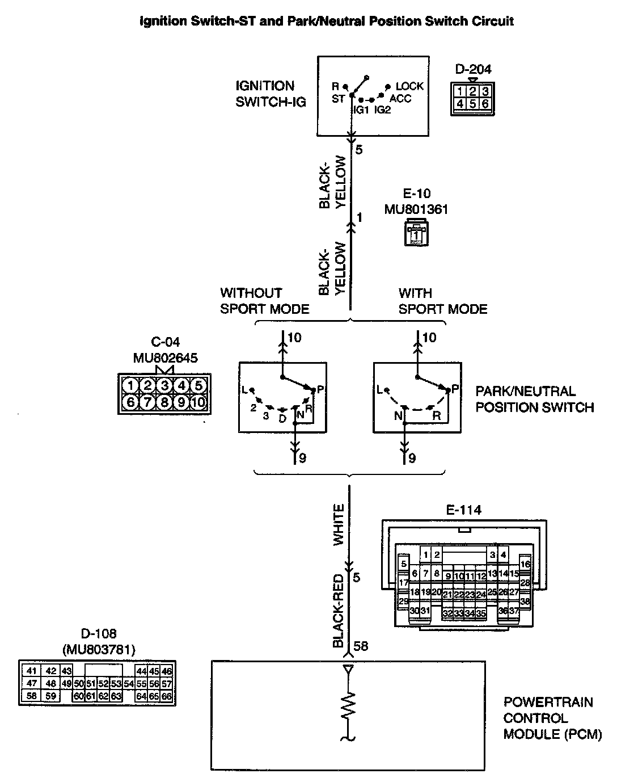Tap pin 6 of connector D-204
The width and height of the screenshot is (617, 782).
(x=485, y=103)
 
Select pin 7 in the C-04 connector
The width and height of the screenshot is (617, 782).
(x=147, y=402)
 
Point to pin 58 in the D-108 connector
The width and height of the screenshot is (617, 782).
(x=31, y=696)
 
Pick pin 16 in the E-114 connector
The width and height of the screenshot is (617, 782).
(x=525, y=564)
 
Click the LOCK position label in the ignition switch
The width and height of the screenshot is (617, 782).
(x=409, y=86)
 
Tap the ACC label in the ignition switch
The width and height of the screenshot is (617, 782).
(x=400, y=99)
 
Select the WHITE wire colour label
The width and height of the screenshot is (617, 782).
(x=339, y=524)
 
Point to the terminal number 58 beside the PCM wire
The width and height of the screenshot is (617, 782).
(x=361, y=646)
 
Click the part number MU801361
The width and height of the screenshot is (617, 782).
(x=416, y=209)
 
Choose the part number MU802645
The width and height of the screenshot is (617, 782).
(x=166, y=358)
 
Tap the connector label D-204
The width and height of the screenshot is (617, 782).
(x=473, y=69)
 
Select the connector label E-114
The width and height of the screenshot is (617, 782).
(x=464, y=510)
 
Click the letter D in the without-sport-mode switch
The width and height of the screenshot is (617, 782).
(x=282, y=419)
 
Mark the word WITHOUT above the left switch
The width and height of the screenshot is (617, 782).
(x=251, y=293)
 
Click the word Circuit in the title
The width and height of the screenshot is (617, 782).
(x=493, y=22)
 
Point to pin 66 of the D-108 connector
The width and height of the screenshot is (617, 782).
(x=166, y=696)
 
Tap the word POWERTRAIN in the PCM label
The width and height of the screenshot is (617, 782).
(x=548, y=702)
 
